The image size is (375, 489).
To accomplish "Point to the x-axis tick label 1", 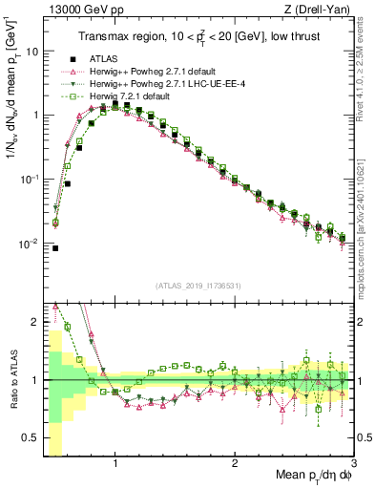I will point(115,464).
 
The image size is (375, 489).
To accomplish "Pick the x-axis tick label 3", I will point(354,464).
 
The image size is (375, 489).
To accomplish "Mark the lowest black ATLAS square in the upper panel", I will point(55,248).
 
